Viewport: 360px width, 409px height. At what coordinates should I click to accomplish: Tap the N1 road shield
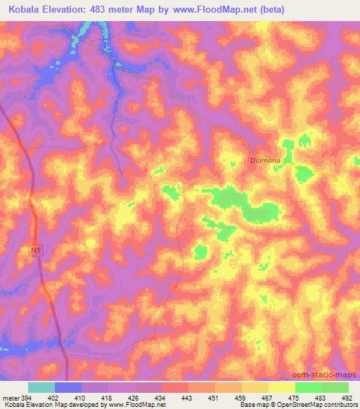click(36, 249)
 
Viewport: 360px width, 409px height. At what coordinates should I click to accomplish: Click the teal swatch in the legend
click(41, 387)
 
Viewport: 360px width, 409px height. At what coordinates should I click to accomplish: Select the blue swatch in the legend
click(68, 387)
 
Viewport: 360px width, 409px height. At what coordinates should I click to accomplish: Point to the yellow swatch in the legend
click(282, 387)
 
